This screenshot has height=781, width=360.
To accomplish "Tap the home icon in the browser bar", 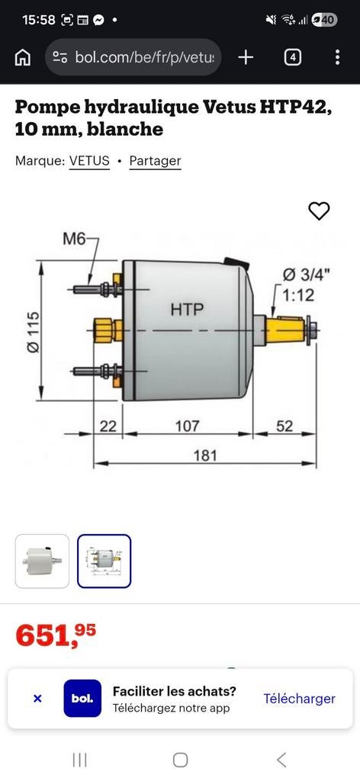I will click(x=23, y=57).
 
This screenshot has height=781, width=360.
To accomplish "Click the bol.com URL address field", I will click(x=133, y=57).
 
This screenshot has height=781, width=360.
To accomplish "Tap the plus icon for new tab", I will click(x=246, y=57).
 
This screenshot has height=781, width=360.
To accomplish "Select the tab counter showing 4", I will click(x=292, y=57).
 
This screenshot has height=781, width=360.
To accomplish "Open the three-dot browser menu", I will click(x=337, y=57).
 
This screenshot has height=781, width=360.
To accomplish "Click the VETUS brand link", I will click(x=89, y=161).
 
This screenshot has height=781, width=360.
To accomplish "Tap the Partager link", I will click(x=155, y=161).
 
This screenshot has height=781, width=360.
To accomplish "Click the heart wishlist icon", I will click(x=319, y=211).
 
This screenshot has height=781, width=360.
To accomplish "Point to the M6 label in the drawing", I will click(x=74, y=239).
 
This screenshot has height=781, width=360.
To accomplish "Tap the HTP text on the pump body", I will click(x=187, y=309).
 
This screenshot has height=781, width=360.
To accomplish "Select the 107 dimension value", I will click(x=187, y=426).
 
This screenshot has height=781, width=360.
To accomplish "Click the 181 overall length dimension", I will click(x=204, y=455).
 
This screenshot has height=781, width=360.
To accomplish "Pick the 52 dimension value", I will click(x=284, y=426).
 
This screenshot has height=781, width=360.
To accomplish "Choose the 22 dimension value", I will click(x=108, y=426).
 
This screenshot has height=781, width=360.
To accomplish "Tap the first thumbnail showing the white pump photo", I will click(x=42, y=561).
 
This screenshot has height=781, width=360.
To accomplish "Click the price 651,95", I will click(x=56, y=635).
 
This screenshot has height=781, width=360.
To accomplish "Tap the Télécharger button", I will click(x=299, y=699).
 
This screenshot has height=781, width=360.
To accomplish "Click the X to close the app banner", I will click(x=37, y=699).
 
